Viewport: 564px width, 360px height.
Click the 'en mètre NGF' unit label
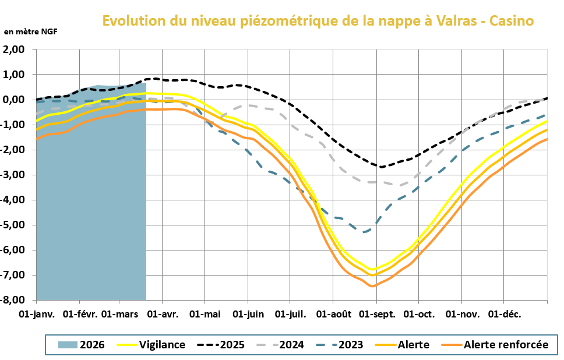31,31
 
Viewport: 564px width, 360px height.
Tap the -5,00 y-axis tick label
15,225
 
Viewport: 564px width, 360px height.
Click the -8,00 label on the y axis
15,301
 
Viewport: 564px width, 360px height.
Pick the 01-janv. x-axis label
37,315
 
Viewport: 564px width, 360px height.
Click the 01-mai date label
205,315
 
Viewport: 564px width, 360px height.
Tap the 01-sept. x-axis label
376,315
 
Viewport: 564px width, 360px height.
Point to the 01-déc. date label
505,315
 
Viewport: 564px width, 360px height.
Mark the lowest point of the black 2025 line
381,167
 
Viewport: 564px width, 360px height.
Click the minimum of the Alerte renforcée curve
372,286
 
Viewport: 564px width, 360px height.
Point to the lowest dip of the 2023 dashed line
364,232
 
